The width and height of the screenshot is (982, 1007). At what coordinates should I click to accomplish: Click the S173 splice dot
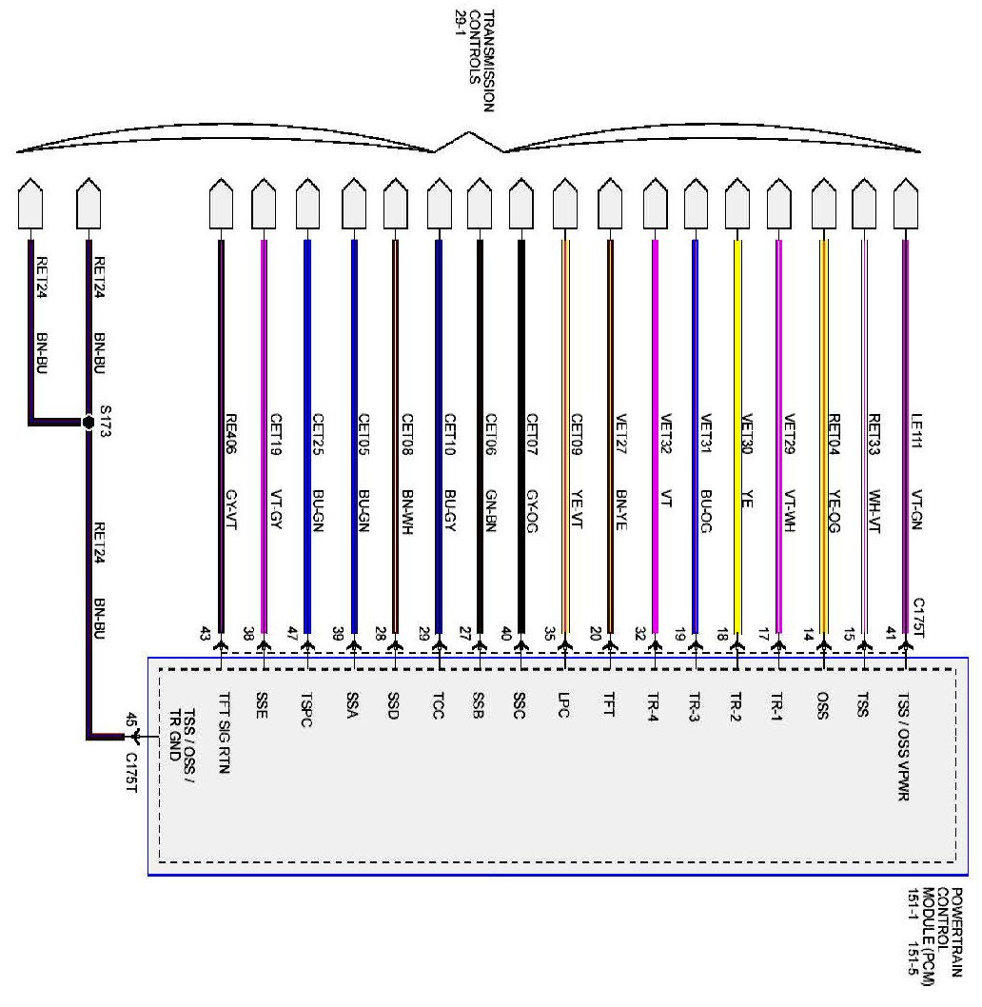point(88,420)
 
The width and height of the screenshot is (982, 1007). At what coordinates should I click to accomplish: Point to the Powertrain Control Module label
point(953,932)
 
